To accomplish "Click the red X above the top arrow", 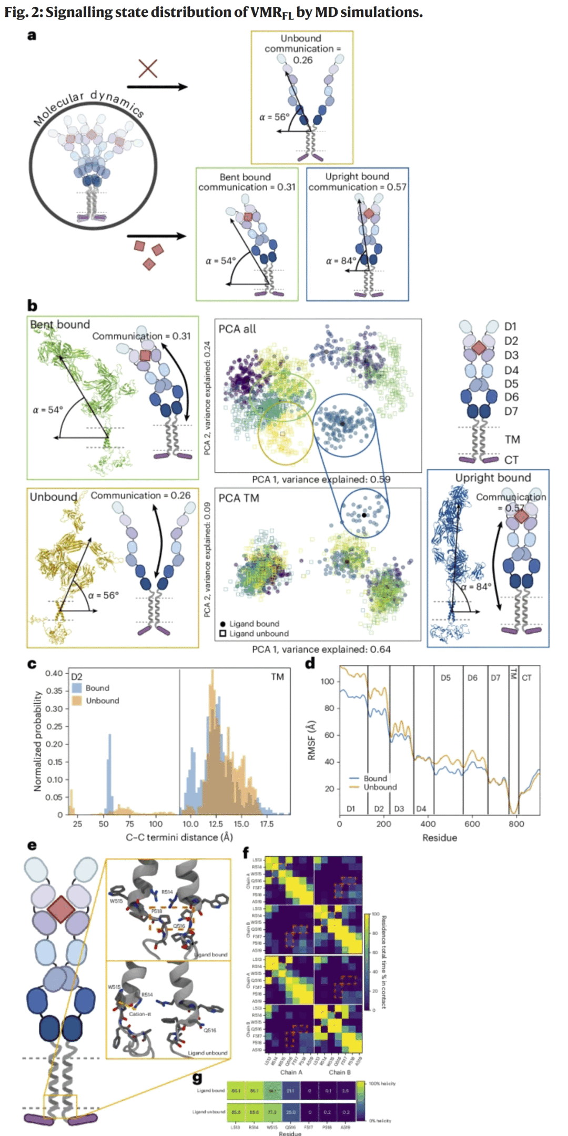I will point(148,68).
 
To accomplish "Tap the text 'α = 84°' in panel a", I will point(340,260).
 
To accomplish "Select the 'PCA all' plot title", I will point(237,329).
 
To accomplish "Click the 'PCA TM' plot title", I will point(239,498).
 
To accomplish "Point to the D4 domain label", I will point(511,370).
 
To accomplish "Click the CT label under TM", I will point(511,460).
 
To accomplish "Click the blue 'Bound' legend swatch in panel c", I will point(77,688).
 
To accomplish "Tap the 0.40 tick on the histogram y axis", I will point(54,673).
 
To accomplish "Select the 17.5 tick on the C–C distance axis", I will point(267,824).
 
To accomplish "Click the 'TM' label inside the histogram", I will point(278,677).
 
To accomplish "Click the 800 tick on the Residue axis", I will point(516,824).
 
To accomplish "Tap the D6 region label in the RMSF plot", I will point(472,678).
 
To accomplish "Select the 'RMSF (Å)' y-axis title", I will point(312,741).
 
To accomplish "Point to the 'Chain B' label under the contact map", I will point(340,1072).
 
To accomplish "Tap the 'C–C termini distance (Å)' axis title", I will point(179,837).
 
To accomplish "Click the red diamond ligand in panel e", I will point(61,909).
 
